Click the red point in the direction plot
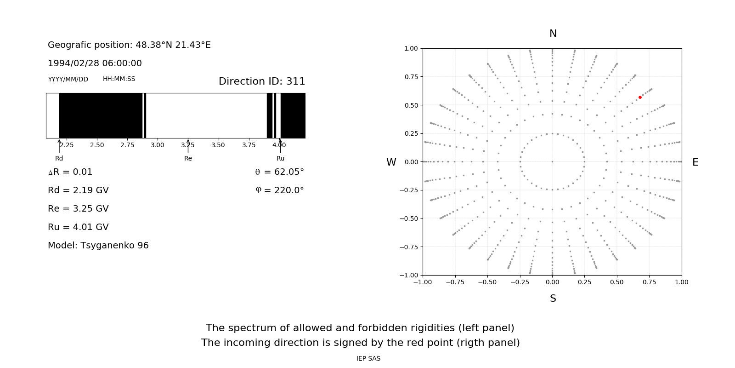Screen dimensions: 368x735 640,97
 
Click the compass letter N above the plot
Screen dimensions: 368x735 553,34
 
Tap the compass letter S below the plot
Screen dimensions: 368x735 553,299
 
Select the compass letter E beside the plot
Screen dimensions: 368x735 695,162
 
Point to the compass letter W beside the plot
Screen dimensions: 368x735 391,162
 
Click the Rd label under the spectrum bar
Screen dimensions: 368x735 59,158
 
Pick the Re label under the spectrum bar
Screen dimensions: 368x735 188,158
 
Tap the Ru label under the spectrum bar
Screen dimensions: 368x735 280,158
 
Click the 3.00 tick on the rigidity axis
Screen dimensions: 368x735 158,145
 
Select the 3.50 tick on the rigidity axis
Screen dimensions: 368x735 218,145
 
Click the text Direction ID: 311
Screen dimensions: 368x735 262,81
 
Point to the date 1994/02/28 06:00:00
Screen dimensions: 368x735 95,63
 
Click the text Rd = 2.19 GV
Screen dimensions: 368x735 78,190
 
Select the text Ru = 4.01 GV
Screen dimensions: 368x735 78,227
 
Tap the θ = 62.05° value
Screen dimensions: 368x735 279,172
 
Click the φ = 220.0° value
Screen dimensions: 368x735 279,190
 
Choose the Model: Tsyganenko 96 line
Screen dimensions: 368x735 98,245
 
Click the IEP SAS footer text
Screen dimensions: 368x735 368,358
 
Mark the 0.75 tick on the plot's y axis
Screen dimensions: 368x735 411,76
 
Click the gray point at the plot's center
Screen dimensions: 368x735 552,161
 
